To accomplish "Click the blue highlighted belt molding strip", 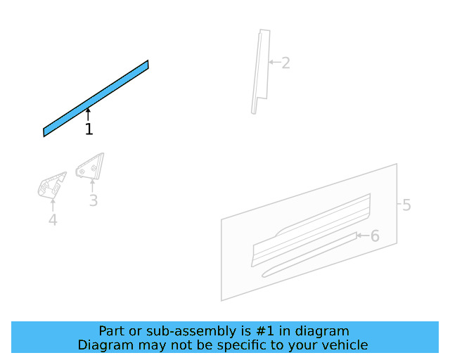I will pyautogui.click(x=96, y=98).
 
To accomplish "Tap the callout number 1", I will pyautogui.click(x=89, y=130).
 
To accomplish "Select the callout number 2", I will pyautogui.click(x=285, y=63).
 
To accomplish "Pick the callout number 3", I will pyautogui.click(x=93, y=201).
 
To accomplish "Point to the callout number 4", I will pyautogui.click(x=53, y=221).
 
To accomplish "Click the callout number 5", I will pyautogui.click(x=406, y=205).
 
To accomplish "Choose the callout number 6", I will pyautogui.click(x=375, y=236).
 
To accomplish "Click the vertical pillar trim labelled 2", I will pyautogui.click(x=260, y=70).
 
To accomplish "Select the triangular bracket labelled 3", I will pyautogui.click(x=89, y=167).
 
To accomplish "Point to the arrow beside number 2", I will pyautogui.click(x=274, y=62).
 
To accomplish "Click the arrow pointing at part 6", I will pyautogui.click(x=361, y=236).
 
